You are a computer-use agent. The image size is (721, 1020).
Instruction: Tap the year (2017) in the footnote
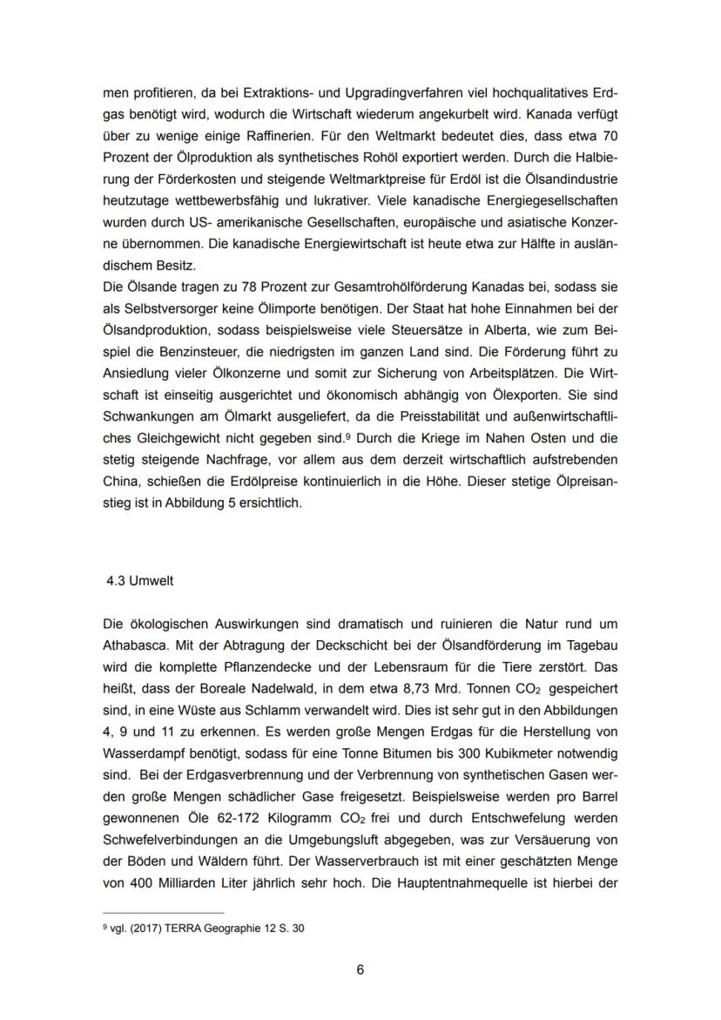[x=140, y=929]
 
